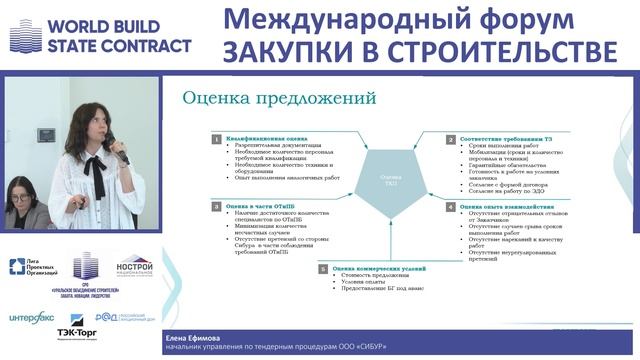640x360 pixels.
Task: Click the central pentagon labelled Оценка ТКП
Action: [385, 175]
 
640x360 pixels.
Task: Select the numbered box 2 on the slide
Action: [451, 139]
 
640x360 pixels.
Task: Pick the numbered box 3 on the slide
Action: [216, 204]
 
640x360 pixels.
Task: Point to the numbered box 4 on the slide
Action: [451, 206]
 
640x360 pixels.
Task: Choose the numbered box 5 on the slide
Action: [324, 268]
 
